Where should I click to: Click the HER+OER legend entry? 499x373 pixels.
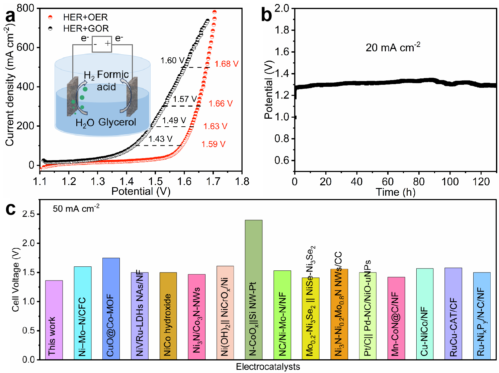tap(85, 17)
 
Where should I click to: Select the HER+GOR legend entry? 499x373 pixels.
tap(86, 28)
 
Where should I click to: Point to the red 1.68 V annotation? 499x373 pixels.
tap(227, 64)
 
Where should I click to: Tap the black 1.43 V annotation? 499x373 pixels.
tap(160, 139)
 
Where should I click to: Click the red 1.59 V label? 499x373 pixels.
tap(213, 144)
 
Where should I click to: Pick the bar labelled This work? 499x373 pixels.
tap(54, 320)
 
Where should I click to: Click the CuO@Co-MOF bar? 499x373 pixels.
tap(111, 308)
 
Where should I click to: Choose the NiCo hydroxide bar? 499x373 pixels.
tap(168, 316)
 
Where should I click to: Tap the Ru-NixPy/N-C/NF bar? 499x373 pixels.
tap(482, 316)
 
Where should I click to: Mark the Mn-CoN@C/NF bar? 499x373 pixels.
tap(396, 318)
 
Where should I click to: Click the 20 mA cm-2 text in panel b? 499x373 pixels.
tap(393, 48)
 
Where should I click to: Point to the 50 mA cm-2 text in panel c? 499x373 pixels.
tap(76, 209)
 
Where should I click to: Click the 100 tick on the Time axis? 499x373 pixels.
tap(450, 182)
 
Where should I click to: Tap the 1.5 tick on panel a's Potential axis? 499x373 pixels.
tap(155, 181)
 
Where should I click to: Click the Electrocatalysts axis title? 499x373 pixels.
tap(268, 367)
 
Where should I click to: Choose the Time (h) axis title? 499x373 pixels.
tap(395, 192)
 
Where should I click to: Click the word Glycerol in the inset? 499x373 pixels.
tap(117, 122)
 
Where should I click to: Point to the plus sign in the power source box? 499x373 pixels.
tap(107, 44)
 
